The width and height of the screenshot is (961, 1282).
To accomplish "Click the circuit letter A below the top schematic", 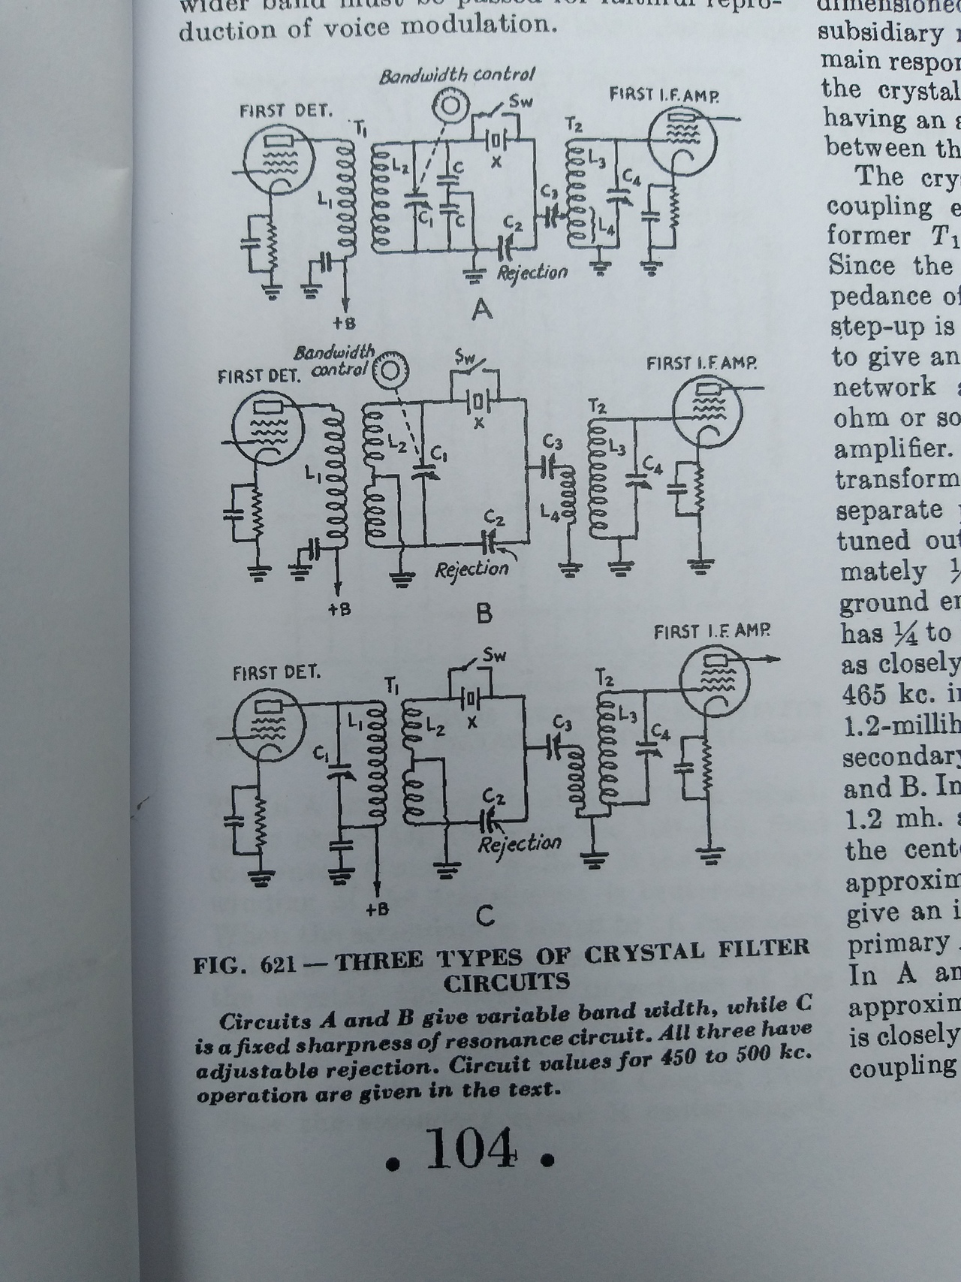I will tap(481, 309).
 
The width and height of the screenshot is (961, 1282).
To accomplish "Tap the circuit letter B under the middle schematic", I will tap(484, 614).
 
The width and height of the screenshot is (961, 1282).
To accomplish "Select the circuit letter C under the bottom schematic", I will tap(485, 915).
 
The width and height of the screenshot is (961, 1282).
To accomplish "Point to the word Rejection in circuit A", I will tap(532, 272).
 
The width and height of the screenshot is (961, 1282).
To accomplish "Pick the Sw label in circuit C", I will tap(493, 655).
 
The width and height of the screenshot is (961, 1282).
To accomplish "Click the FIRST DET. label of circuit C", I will tap(276, 671).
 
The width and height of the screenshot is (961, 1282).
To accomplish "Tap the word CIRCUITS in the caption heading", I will tap(506, 982).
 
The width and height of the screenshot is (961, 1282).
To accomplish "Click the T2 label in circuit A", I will tap(574, 125).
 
